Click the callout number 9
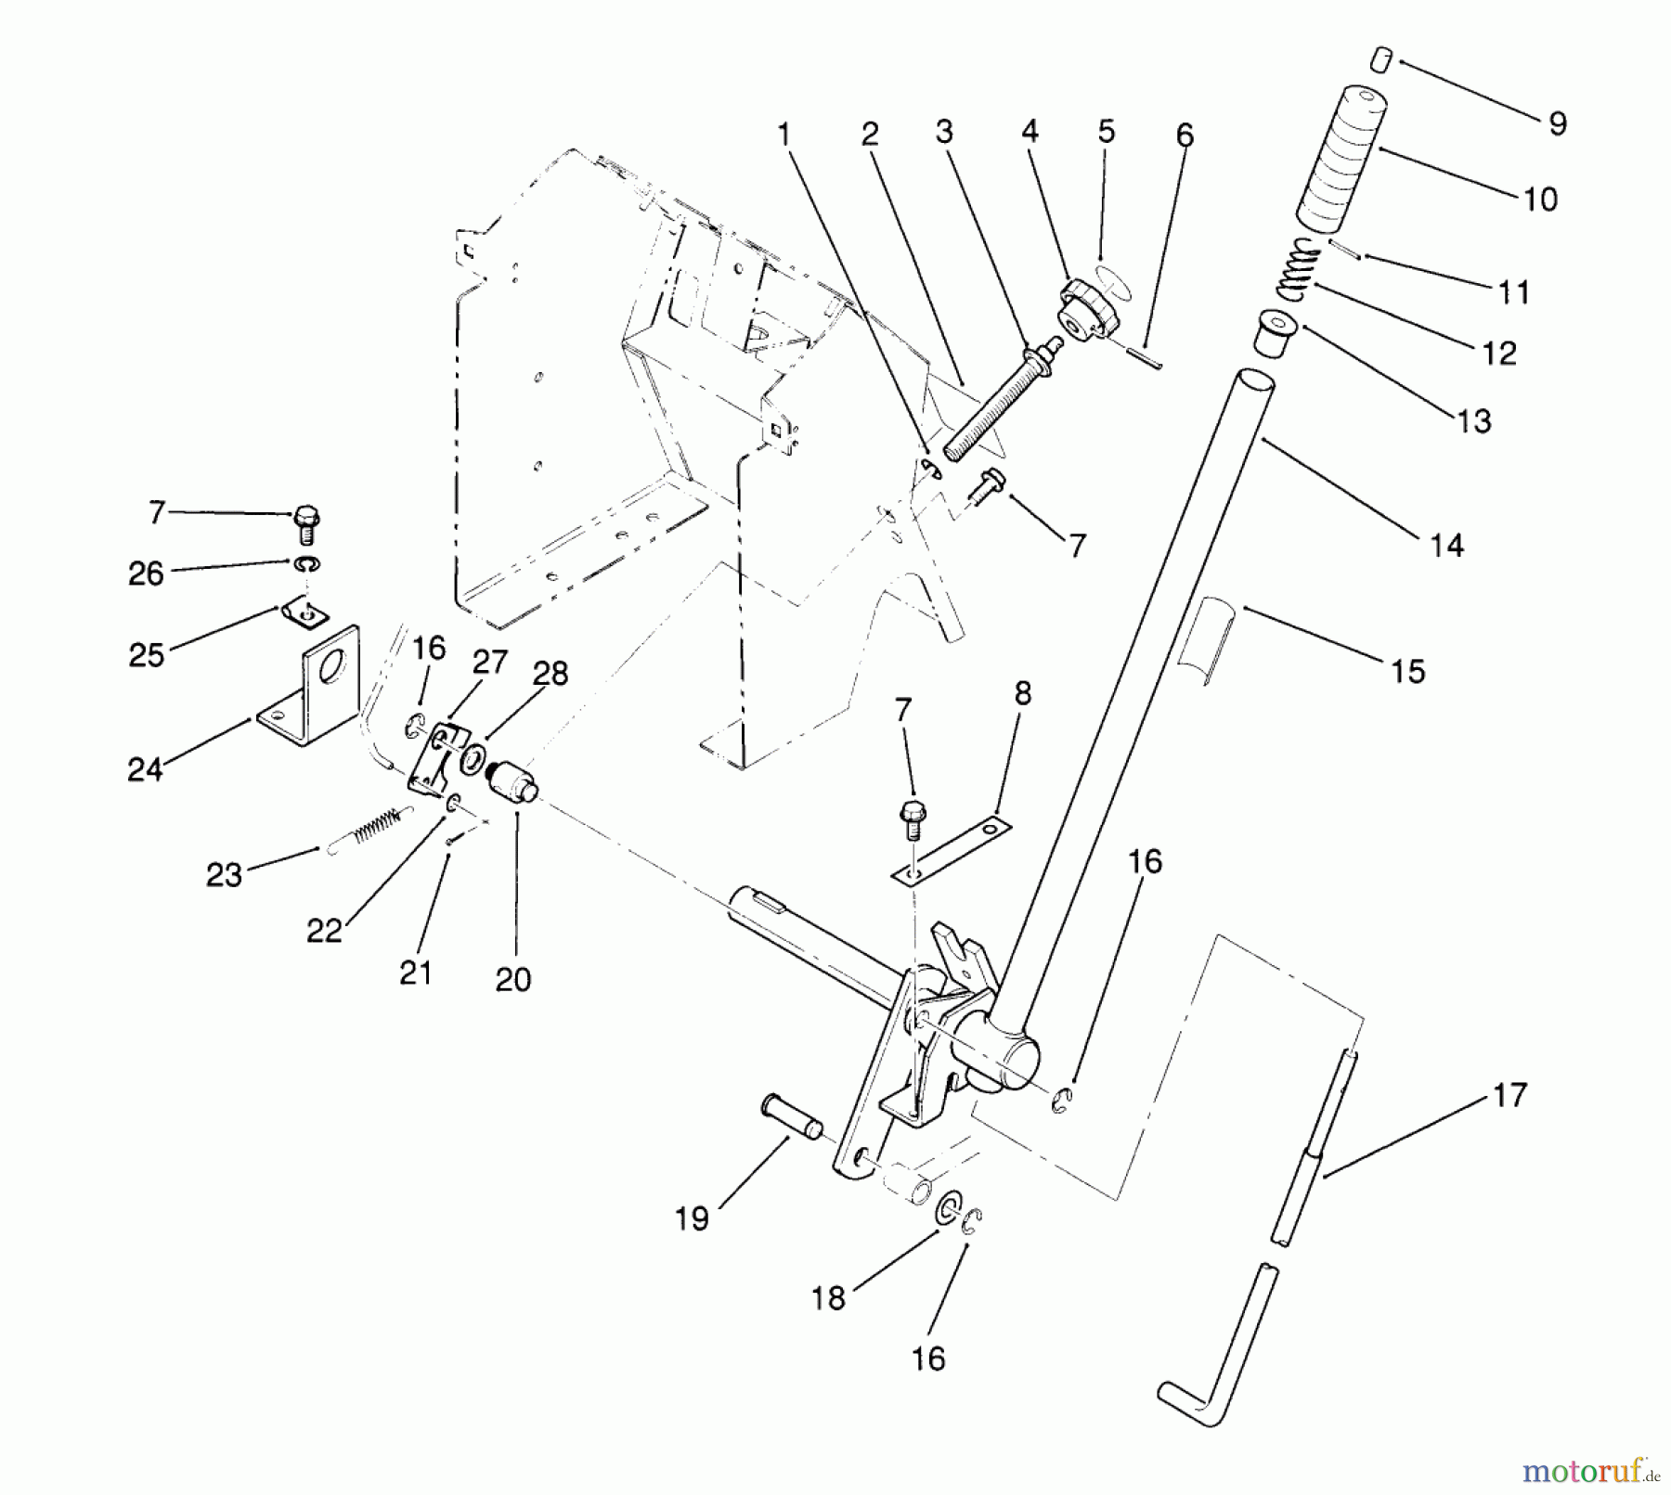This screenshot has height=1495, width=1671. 1559,123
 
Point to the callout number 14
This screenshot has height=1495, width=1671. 1446,546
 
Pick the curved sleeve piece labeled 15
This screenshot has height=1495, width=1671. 1204,640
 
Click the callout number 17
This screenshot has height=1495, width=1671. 1510,1095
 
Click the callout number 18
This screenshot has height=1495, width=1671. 828,1298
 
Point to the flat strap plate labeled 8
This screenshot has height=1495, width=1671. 952,850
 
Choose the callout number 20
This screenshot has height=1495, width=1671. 512,979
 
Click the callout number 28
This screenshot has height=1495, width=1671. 551,673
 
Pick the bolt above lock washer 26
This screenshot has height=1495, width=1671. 306,523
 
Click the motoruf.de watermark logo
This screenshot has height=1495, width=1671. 1588,1472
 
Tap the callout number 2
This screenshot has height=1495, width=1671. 869,135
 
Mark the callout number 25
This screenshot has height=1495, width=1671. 147,655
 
